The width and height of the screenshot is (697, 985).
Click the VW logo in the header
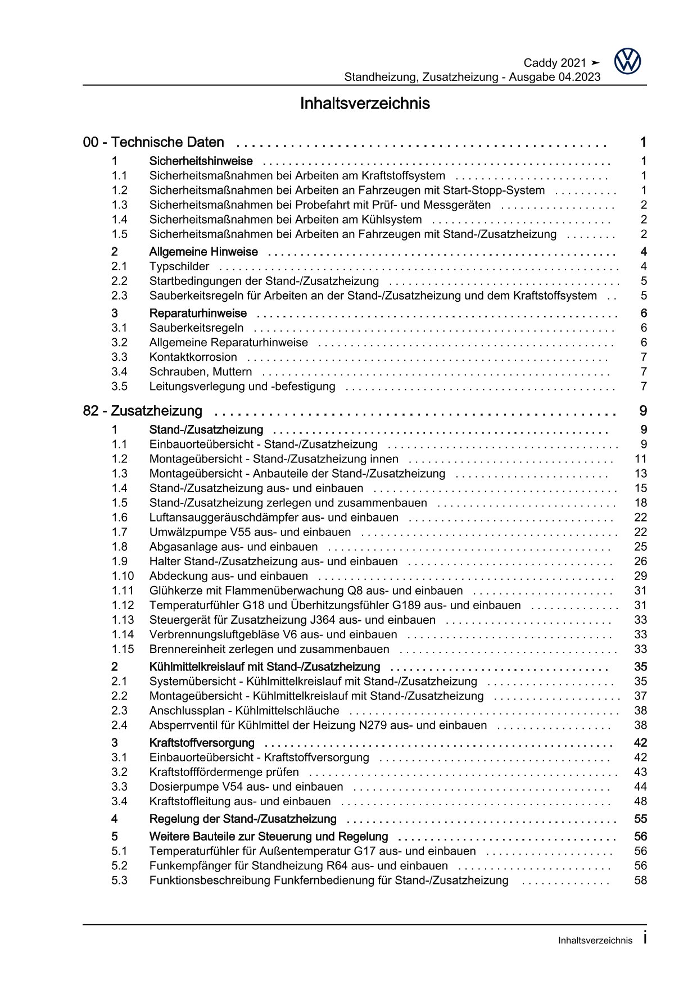(x=627, y=61)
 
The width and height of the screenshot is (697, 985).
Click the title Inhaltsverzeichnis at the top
(x=365, y=104)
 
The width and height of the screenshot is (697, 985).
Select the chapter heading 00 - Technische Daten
(x=153, y=142)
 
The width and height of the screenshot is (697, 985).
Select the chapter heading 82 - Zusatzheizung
(x=143, y=411)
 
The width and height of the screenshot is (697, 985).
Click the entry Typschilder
(x=179, y=266)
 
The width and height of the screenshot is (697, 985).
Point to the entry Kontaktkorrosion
(x=193, y=357)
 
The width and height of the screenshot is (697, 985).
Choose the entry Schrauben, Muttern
(x=200, y=371)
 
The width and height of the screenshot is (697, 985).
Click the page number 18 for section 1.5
(x=640, y=503)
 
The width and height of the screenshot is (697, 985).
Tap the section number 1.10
(x=123, y=576)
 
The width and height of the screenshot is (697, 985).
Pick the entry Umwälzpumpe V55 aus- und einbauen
(x=250, y=532)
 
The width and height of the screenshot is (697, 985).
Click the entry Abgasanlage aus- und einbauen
(x=233, y=547)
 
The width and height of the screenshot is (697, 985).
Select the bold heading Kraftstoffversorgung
(x=202, y=743)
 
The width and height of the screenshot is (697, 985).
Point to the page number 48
(x=640, y=801)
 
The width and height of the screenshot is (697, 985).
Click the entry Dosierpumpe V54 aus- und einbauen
(x=246, y=787)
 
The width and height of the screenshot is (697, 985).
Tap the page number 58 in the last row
(x=640, y=880)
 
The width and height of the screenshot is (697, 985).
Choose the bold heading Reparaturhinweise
(x=198, y=313)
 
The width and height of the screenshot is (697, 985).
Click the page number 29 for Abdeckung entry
(x=640, y=576)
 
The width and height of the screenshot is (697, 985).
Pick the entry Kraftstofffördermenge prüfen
(x=224, y=772)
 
